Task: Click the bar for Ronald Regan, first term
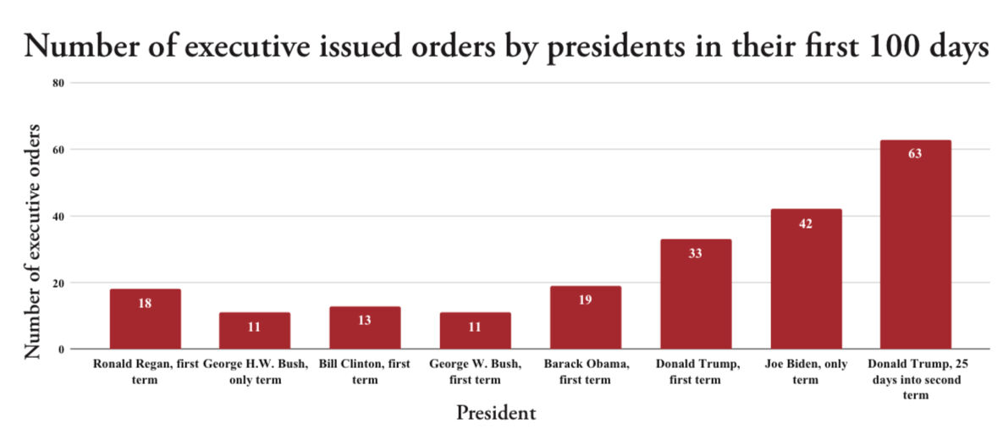[x=145, y=319]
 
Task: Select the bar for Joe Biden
[x=805, y=279]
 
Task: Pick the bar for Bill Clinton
[x=365, y=327]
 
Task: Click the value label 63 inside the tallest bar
[x=914, y=154]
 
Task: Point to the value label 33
[x=695, y=253]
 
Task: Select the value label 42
[x=805, y=223]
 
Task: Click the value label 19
[x=585, y=300]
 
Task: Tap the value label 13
[x=365, y=320]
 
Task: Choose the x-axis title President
[x=495, y=413]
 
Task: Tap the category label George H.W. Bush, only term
[x=255, y=371]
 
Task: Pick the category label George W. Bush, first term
[x=475, y=371]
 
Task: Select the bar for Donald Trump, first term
[x=695, y=294]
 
